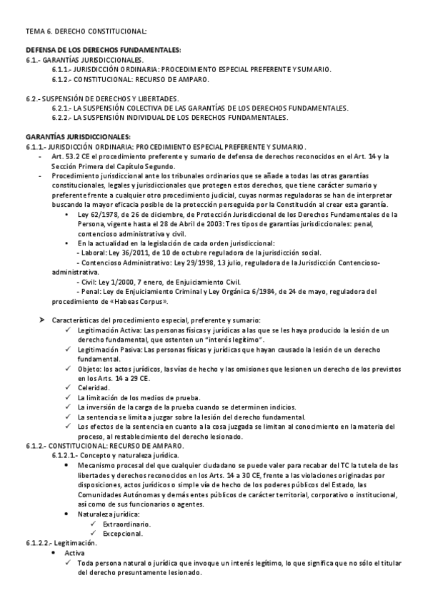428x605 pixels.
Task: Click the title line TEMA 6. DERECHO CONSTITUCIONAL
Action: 86,31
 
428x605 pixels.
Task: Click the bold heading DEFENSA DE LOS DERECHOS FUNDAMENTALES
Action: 104,50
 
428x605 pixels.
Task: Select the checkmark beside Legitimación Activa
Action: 67,330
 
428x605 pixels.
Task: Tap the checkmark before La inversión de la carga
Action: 67,407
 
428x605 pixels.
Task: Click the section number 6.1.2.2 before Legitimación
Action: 41,543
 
